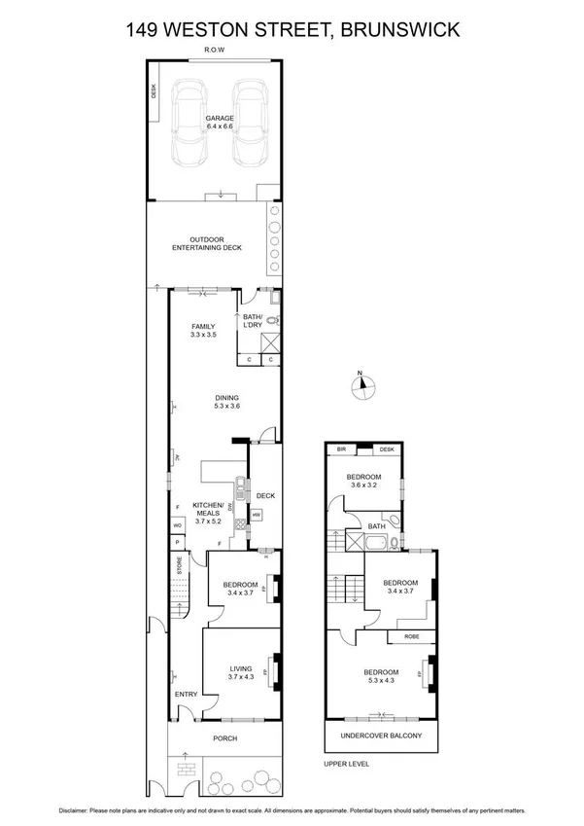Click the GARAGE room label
[220, 121]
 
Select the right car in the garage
[250, 124]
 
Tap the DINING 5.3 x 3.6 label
[227, 401]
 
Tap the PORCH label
[224, 738]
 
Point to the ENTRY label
[185, 694]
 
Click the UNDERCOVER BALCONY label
[380, 736]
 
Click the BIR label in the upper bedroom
[341, 449]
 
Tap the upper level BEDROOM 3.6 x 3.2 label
[365, 481]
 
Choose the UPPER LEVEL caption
[346, 764]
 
